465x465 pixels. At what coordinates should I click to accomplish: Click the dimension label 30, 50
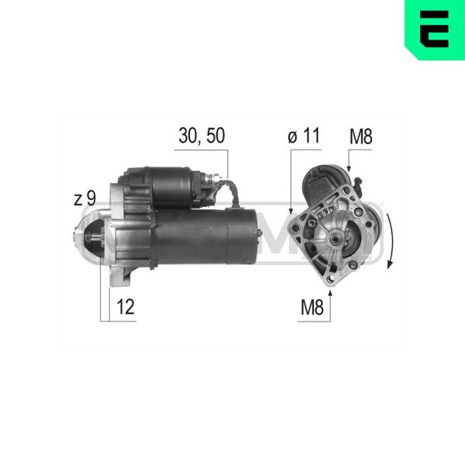201,136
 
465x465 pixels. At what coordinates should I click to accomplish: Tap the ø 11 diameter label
304,136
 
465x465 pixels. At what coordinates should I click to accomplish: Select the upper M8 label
360,137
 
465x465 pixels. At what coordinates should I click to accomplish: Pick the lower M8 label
312,307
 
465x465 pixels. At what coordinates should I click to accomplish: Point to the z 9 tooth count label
84,198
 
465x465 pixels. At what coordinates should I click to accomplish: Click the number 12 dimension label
126,307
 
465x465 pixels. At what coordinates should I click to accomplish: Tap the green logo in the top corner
435,29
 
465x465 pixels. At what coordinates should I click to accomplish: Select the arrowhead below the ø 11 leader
291,211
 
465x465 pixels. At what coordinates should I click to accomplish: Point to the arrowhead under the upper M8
349,168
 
